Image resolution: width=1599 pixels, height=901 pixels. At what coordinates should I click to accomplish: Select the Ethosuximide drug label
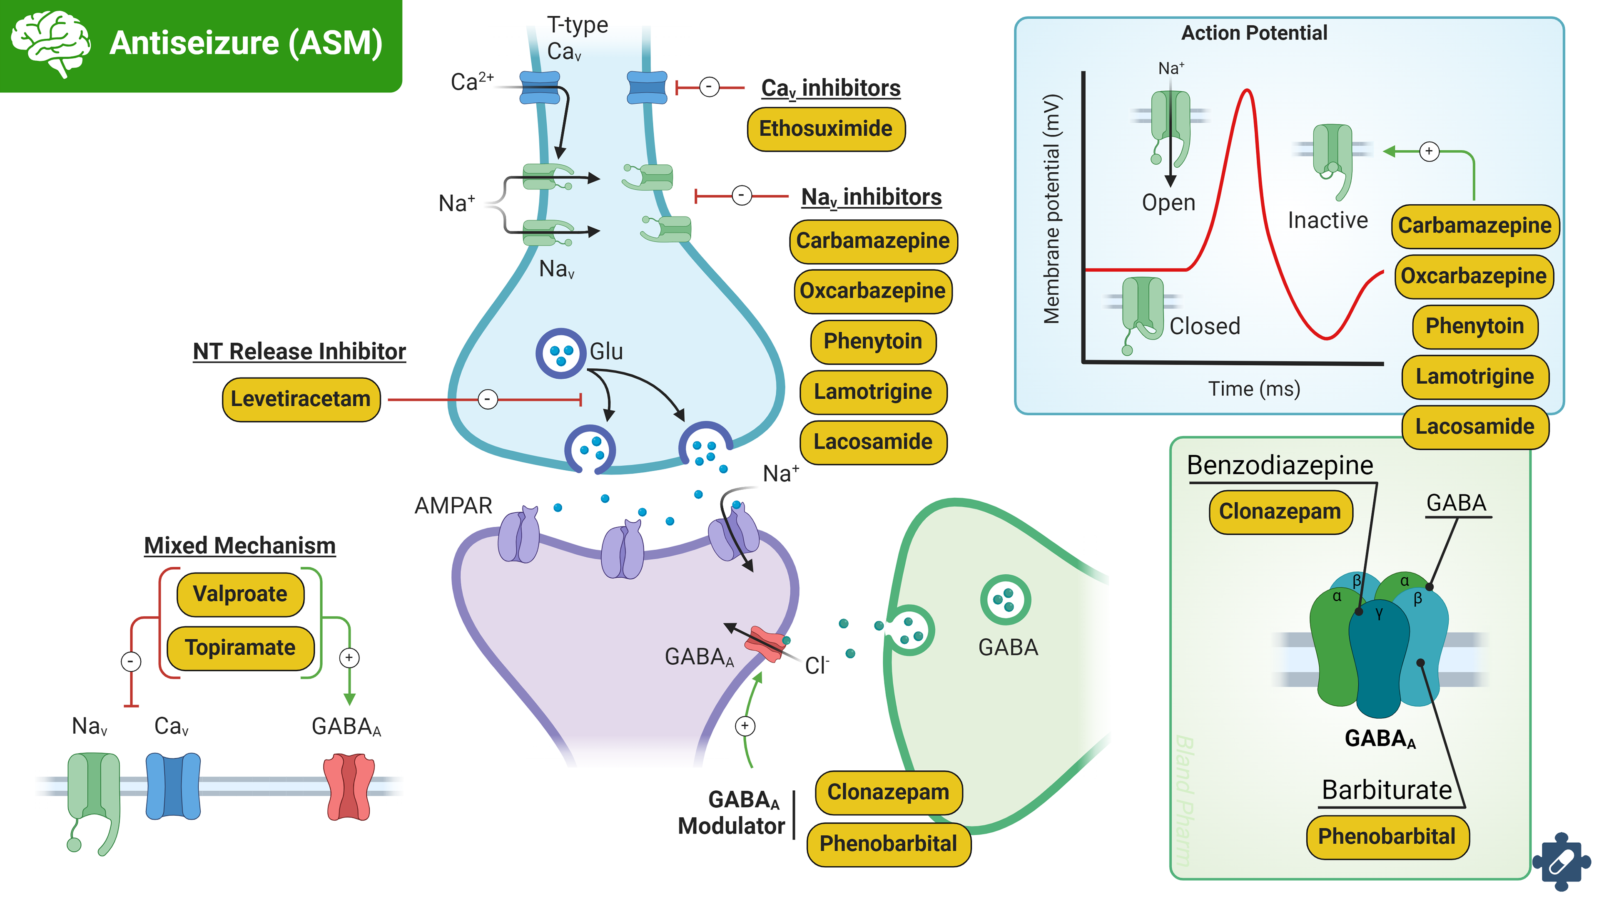tap(826, 129)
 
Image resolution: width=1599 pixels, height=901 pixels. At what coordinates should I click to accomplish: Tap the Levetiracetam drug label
tap(301, 399)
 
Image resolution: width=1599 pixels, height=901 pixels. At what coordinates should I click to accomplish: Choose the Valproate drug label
tap(240, 594)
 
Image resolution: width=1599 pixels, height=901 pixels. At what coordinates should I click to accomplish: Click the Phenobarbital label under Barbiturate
tap(1387, 836)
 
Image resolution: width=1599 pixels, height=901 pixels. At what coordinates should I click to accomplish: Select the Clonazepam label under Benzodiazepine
tap(1280, 511)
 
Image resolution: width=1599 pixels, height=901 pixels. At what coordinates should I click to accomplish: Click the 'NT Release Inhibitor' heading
tap(299, 351)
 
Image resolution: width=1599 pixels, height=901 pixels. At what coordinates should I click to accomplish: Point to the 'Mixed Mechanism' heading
tap(239, 546)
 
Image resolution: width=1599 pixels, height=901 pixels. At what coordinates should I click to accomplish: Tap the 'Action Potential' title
tap(1254, 33)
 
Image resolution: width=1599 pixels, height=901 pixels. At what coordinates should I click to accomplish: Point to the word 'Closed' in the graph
tap(1204, 326)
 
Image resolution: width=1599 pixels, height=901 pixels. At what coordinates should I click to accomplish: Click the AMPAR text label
tap(453, 506)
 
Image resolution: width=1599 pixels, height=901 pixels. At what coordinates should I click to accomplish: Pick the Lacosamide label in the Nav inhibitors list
tap(873, 442)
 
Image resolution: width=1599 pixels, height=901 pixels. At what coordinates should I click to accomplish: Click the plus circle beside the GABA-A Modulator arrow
tap(745, 726)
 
